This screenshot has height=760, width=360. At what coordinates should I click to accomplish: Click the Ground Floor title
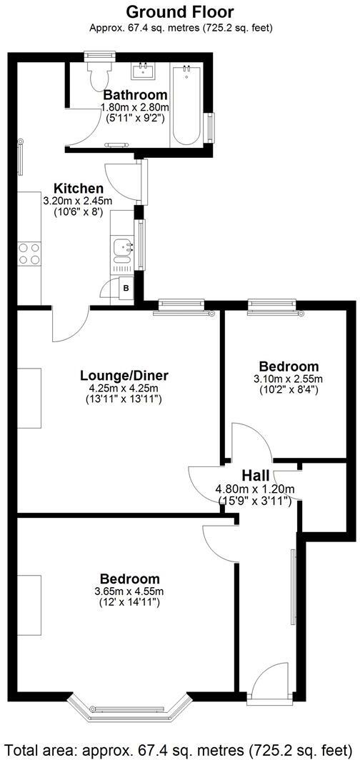click(179, 11)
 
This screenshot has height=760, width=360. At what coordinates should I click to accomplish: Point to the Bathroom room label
click(135, 95)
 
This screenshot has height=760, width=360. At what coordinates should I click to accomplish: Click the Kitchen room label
click(74, 189)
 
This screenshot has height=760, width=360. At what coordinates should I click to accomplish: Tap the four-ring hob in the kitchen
click(29, 254)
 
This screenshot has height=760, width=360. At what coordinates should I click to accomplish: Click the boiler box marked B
click(126, 288)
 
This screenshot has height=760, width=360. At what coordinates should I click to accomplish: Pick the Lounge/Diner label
click(124, 376)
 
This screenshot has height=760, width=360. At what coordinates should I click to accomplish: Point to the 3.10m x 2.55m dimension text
click(288, 379)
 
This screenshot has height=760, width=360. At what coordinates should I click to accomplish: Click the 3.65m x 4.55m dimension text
click(129, 591)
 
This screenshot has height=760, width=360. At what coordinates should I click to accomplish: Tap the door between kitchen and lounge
click(69, 323)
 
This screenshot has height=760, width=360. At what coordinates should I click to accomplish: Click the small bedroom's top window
click(273, 306)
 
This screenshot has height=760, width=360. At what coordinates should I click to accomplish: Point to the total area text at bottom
click(179, 750)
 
